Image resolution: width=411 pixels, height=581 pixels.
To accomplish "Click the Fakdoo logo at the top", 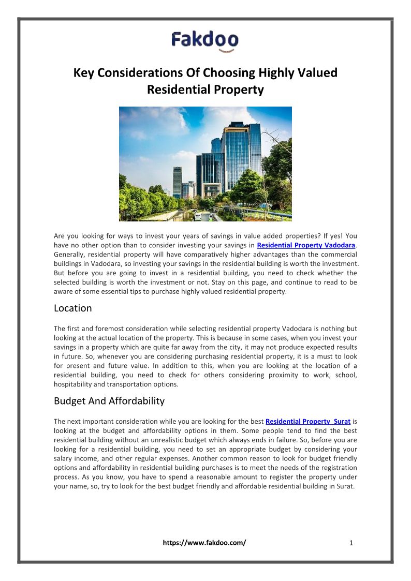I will (205, 40).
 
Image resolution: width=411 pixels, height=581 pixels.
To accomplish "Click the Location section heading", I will (72, 308).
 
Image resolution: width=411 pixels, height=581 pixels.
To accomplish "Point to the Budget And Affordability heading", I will (109, 401).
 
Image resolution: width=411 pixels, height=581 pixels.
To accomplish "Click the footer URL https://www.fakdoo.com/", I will (204, 543).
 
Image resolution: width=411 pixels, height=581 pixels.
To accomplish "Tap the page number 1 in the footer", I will (351, 543).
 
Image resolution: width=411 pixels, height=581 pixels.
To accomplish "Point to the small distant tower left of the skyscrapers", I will (177, 181).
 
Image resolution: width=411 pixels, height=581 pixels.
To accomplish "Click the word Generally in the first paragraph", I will (70, 255).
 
